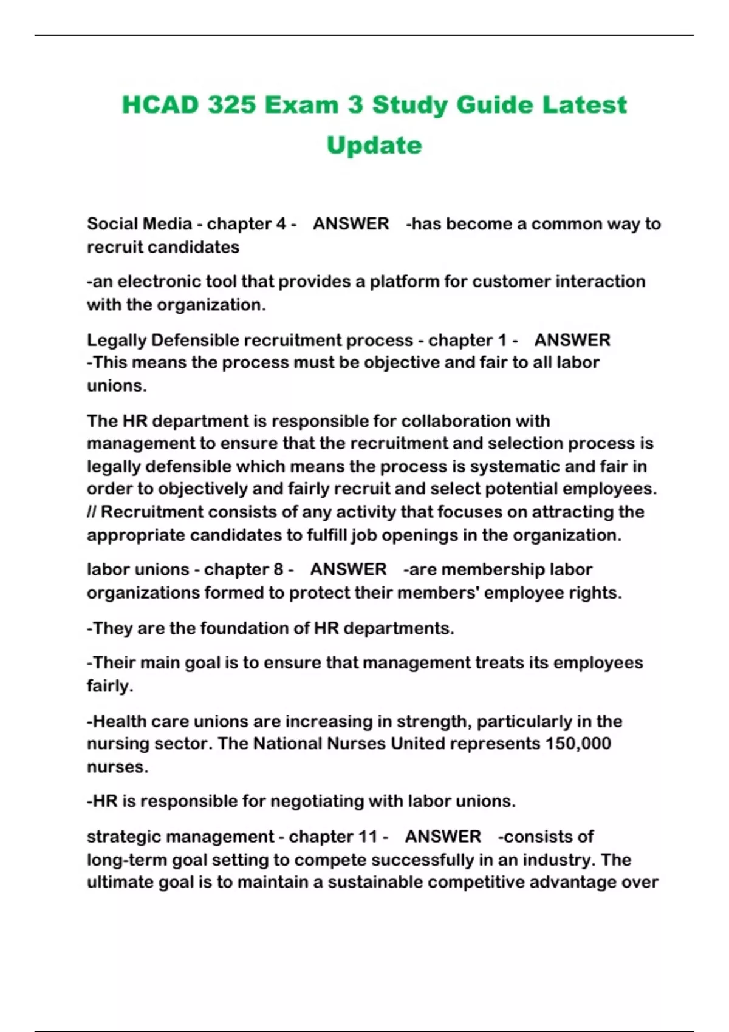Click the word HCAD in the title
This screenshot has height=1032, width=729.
coord(160,104)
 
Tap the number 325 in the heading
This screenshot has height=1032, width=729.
coord(231,104)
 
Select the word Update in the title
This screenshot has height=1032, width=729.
coord(374,145)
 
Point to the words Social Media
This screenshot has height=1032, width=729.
coord(139,224)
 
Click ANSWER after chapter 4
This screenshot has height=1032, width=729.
coord(351,224)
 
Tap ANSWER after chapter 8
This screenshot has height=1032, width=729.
coord(348,569)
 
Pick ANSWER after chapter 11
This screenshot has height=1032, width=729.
coord(442,837)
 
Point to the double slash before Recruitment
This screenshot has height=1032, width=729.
coord(92,512)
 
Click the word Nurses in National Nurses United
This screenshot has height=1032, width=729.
coord(356,744)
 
